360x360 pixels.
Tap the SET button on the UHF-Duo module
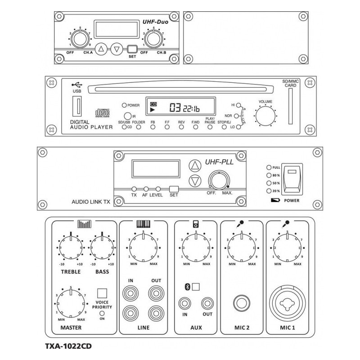[132, 49]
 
